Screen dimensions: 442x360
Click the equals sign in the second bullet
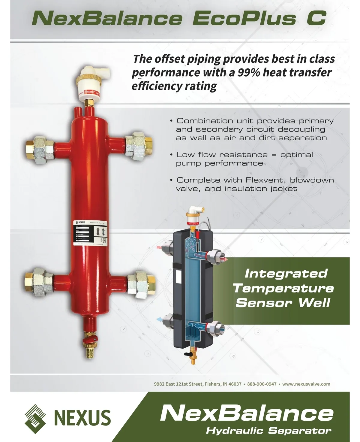pyautogui.click(x=273, y=155)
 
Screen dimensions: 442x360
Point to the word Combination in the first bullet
pyautogui.click(x=205, y=121)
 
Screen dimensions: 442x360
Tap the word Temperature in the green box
pyautogui.click(x=283, y=288)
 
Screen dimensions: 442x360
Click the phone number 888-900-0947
pyautogui.click(x=262, y=384)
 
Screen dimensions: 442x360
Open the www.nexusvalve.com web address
pyautogui.click(x=306, y=384)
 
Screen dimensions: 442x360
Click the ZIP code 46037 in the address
pyautogui.click(x=235, y=384)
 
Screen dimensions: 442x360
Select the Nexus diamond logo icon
pyautogui.click(x=35, y=418)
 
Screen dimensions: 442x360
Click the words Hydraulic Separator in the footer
pyautogui.click(x=268, y=431)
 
